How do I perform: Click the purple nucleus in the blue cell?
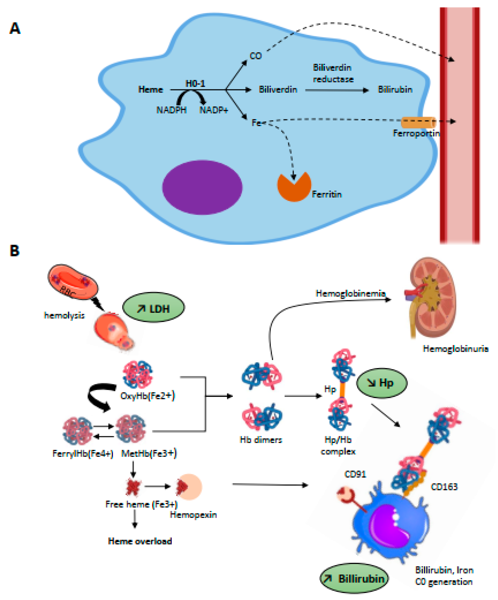[x=202, y=187]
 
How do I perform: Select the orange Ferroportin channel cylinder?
[x=418, y=122]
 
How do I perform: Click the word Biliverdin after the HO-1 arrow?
[x=278, y=90]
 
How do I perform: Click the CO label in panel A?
[x=255, y=56]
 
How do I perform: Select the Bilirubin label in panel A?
[x=395, y=90]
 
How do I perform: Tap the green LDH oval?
[x=154, y=307]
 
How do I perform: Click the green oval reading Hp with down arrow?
[x=382, y=383]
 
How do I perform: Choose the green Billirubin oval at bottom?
[x=354, y=579]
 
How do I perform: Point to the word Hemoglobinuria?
[x=455, y=349]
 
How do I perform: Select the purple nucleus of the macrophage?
[x=391, y=529]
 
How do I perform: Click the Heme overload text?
[x=140, y=541]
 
